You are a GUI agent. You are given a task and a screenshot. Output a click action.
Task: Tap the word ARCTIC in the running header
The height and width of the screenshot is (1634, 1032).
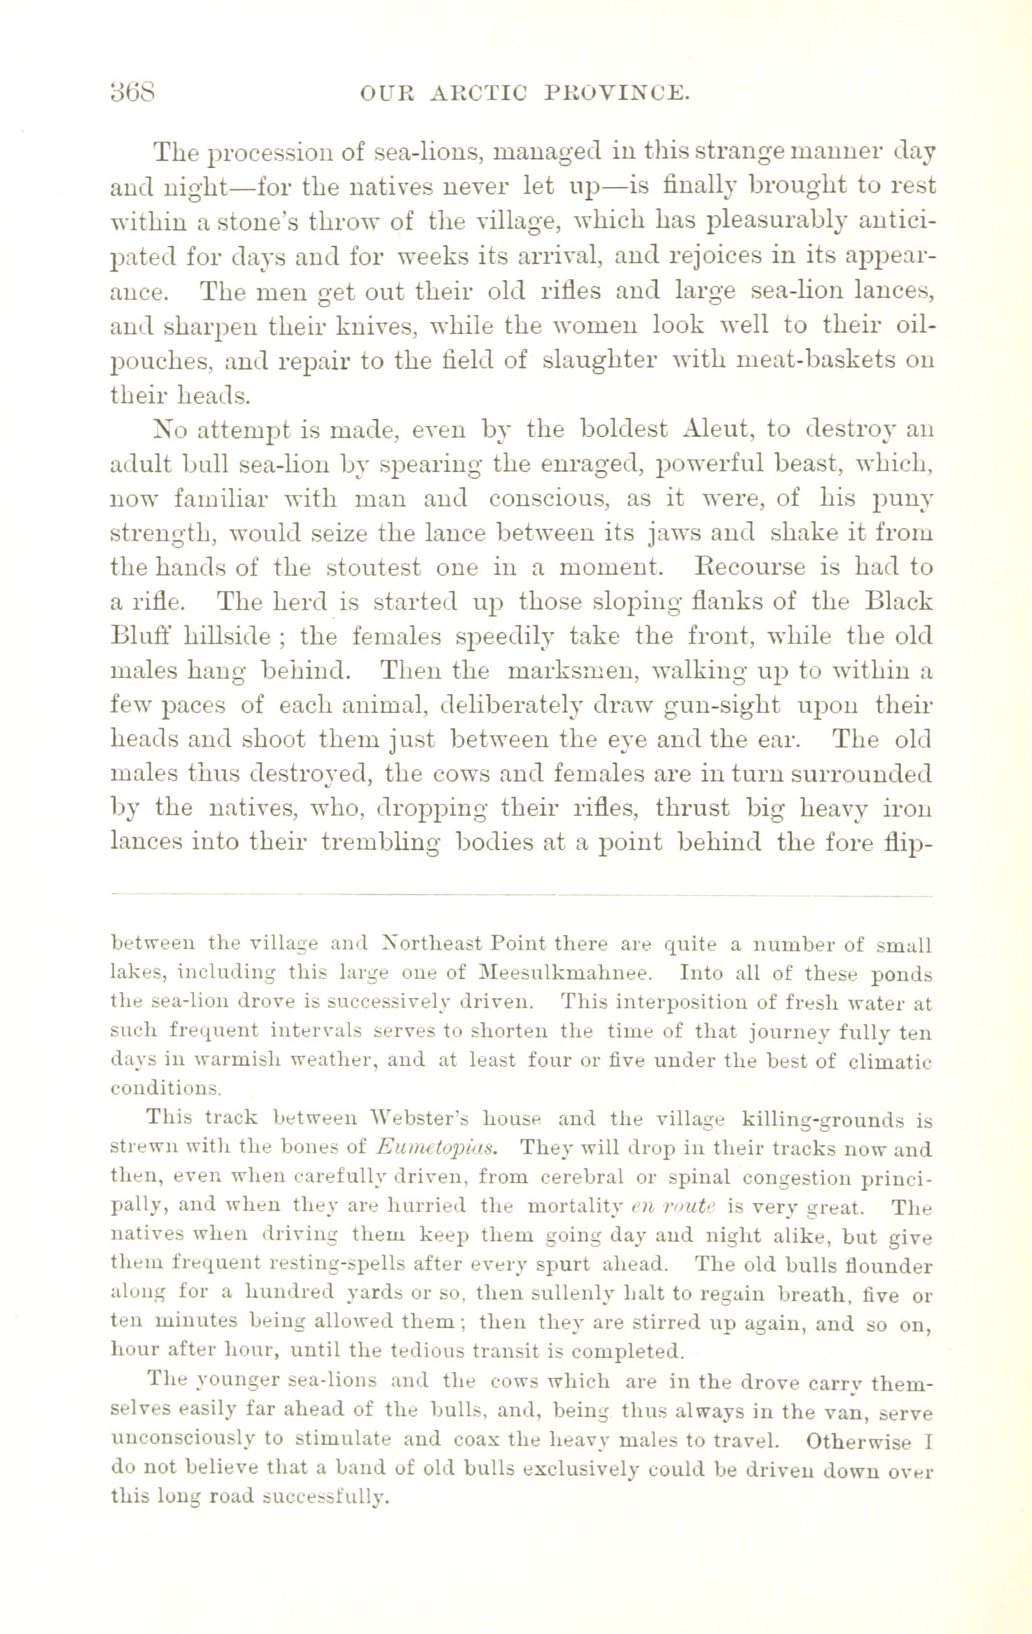pyautogui.click(x=489, y=93)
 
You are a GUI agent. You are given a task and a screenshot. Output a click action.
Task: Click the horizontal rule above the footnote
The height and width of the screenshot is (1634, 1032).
pyautogui.click(x=522, y=895)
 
